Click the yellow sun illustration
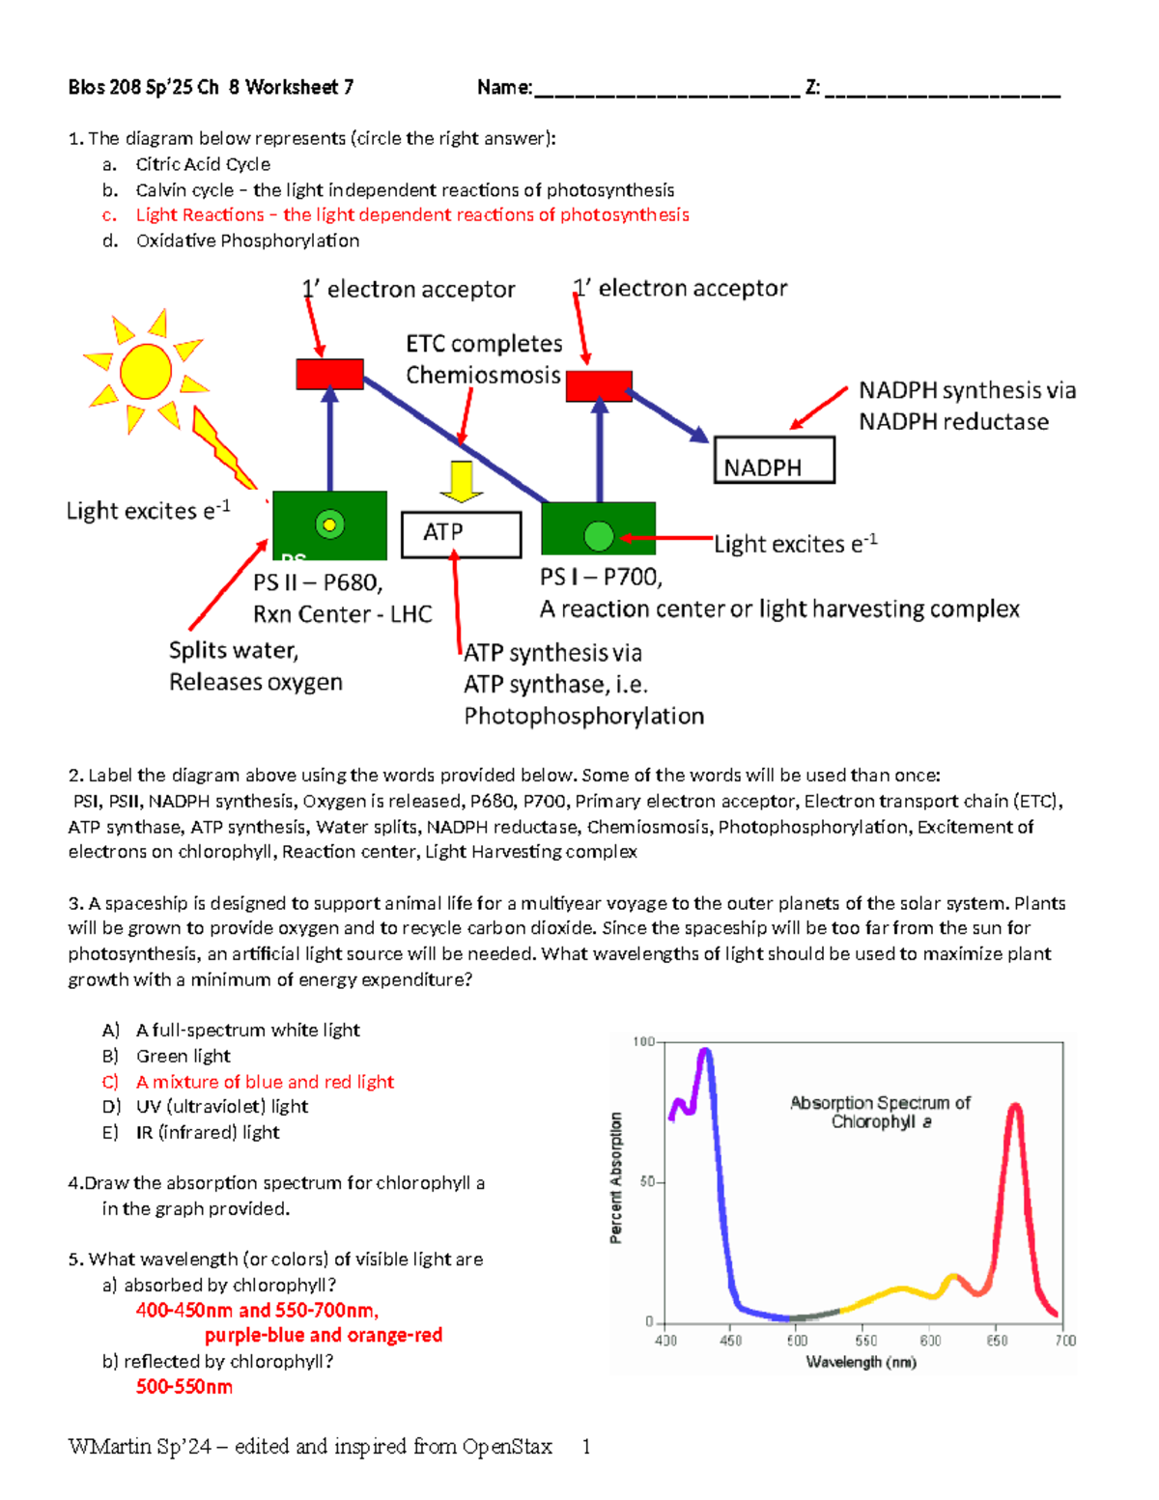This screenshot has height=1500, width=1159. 146,371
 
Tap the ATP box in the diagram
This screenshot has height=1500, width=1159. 461,533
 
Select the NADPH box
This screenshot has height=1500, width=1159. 773,461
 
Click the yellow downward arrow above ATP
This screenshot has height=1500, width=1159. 462,481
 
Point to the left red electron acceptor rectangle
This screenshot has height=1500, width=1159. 329,374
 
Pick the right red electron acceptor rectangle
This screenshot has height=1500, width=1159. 599,385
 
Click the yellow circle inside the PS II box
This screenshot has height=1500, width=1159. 330,524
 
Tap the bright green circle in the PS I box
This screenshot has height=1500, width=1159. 599,535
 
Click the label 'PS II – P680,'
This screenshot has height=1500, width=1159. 318,582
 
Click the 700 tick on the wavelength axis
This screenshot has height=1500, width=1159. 1065,1341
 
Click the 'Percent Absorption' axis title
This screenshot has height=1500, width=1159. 616,1177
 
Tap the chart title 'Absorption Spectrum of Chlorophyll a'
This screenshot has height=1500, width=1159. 880,1112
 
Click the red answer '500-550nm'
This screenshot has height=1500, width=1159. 184,1387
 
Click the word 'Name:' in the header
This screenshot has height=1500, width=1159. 504,88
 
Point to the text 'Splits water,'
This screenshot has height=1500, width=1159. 234,650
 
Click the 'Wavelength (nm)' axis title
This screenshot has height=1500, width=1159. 862,1362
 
